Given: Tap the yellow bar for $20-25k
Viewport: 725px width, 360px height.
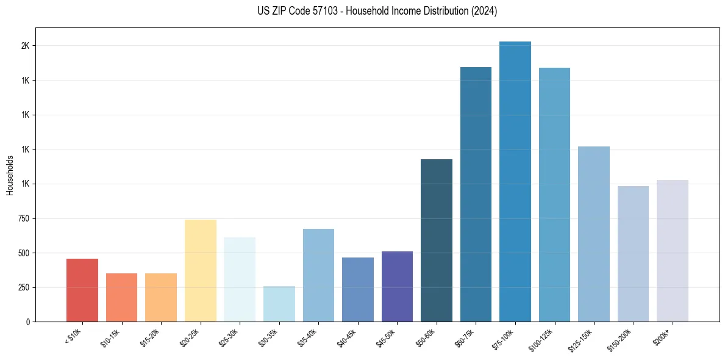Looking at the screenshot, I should click(x=201, y=270).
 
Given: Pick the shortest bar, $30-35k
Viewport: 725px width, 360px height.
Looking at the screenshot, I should click(x=279, y=303).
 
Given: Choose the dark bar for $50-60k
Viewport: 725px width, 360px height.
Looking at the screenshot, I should click(x=437, y=240).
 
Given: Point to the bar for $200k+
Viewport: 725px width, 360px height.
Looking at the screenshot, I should click(x=673, y=251).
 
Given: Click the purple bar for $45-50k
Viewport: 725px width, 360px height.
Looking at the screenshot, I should click(x=397, y=286).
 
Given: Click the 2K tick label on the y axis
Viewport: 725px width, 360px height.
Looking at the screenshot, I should click(x=26, y=46).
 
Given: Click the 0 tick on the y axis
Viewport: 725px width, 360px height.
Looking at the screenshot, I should click(x=28, y=322).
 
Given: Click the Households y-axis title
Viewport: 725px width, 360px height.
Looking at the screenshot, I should click(x=10, y=175).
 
